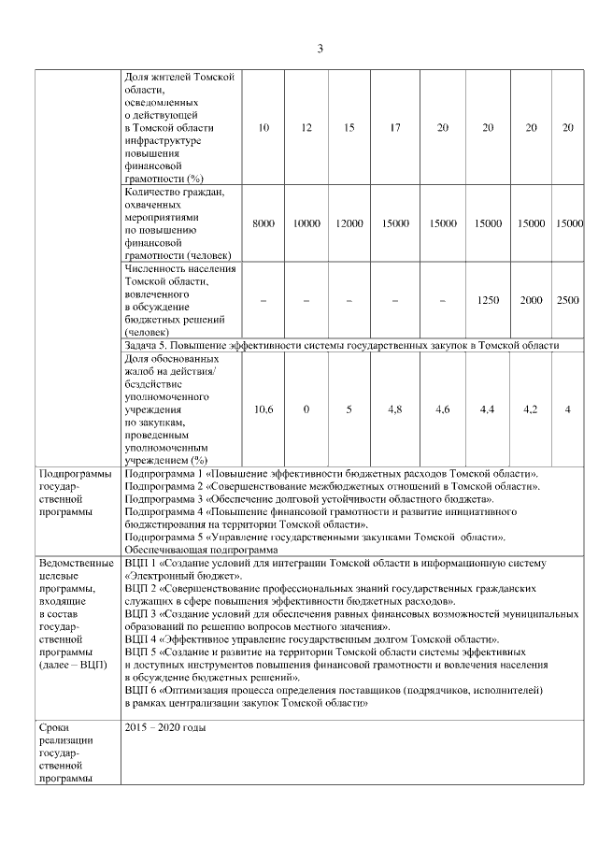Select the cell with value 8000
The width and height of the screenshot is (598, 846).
pyautogui.click(x=263, y=224)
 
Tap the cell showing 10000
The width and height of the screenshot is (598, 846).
pyautogui.click(x=306, y=224)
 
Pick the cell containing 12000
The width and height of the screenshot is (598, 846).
pyautogui.click(x=349, y=224)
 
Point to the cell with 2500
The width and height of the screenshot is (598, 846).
pyautogui.click(x=567, y=300)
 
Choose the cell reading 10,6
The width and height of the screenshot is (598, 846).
pyautogui.click(x=263, y=409)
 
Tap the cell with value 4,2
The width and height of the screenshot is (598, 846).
pyautogui.click(x=530, y=409)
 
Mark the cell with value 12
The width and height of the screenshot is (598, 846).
pyautogui.click(x=306, y=128)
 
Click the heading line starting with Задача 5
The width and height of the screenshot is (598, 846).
pyautogui.click(x=341, y=345)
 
